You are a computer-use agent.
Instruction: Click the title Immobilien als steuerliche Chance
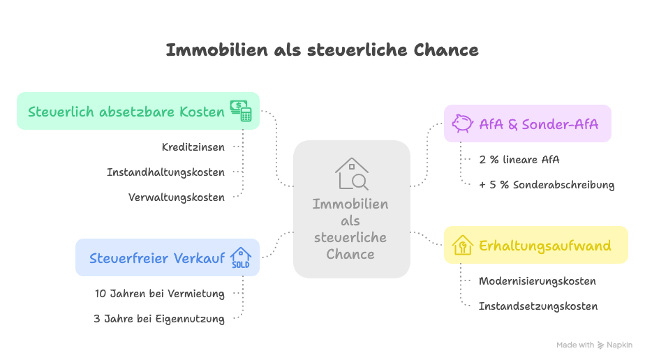[x=322, y=50]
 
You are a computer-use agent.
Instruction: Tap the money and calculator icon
[x=241, y=111]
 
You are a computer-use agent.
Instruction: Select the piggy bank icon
[x=462, y=123]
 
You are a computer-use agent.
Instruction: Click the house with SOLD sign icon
[x=241, y=257]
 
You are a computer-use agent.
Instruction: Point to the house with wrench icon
[x=462, y=245]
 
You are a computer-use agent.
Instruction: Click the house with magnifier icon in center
[x=352, y=174]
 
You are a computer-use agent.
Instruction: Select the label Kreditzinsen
[x=193, y=147]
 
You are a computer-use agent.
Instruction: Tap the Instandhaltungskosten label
[x=165, y=172]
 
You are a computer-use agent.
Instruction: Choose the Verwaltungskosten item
[x=177, y=197]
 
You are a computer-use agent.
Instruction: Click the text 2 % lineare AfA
[x=519, y=160]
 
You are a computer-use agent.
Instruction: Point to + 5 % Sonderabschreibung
[x=547, y=185]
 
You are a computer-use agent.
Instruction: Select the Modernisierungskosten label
[x=537, y=281]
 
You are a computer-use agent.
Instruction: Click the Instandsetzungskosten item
[x=537, y=306]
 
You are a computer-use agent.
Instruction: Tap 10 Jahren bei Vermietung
[x=160, y=294]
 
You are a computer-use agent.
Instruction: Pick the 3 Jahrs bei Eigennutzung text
[x=159, y=319]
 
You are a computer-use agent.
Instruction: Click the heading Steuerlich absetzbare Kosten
[x=126, y=112]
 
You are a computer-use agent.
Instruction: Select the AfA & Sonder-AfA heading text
[x=538, y=124]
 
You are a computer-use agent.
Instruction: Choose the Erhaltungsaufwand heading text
[x=544, y=246]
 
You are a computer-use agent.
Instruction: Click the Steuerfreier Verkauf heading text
[x=157, y=258]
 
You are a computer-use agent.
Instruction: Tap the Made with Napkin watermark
[x=594, y=345]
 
